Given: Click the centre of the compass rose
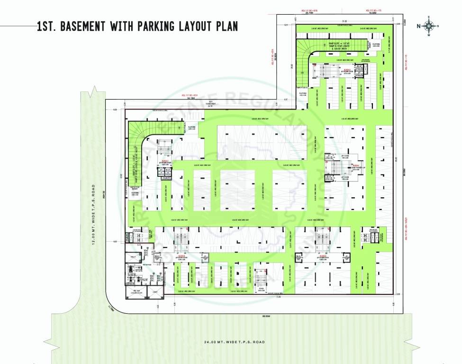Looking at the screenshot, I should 428,26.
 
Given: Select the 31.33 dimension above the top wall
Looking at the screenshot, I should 345,21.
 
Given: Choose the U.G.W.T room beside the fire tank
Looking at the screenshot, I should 155,292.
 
